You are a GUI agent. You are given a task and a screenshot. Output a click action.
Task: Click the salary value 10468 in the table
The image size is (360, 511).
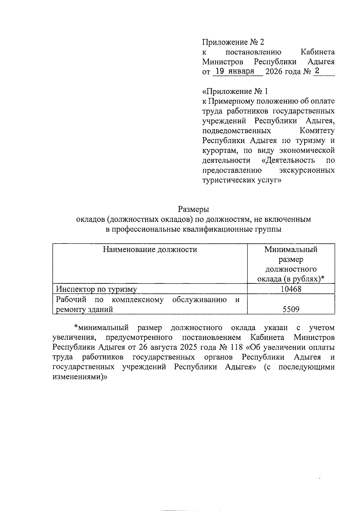(x=291, y=289)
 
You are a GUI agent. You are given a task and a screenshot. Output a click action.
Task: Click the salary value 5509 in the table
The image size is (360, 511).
(x=291, y=309)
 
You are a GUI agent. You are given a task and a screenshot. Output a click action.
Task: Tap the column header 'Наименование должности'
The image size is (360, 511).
(x=150, y=249)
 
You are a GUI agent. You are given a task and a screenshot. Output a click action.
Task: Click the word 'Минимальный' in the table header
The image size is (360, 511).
(x=291, y=249)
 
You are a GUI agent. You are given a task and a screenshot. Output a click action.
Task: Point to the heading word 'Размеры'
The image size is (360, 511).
(x=193, y=209)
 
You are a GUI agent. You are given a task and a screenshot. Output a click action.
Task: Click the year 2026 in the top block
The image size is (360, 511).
(x=274, y=72)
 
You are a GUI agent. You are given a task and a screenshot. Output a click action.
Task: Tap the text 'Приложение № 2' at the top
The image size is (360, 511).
(x=233, y=42)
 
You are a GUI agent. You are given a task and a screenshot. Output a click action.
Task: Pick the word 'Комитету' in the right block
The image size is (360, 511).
(x=317, y=131)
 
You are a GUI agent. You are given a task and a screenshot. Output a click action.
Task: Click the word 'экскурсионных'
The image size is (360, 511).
(x=307, y=170)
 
